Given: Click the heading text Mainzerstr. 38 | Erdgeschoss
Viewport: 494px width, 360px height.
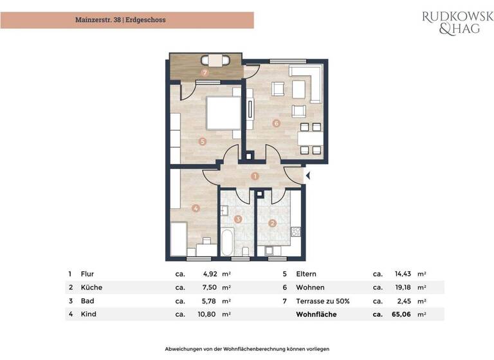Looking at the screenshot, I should (120, 20).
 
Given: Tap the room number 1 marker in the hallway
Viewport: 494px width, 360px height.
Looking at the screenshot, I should (255, 175).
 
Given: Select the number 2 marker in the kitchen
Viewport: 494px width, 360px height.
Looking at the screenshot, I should (272, 223).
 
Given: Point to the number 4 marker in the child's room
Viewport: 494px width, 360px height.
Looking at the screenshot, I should (196, 208).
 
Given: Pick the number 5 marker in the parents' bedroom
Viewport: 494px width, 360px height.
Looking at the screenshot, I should (202, 141).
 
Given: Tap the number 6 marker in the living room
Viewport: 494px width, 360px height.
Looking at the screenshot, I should (276, 123).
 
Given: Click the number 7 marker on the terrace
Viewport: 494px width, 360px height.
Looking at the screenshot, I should (205, 73).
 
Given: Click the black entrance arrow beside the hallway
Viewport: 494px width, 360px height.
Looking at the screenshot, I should (307, 175).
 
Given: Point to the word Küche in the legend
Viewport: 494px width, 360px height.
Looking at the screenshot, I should (91, 287).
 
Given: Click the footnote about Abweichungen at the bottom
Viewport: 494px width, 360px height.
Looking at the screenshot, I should (247, 348).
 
